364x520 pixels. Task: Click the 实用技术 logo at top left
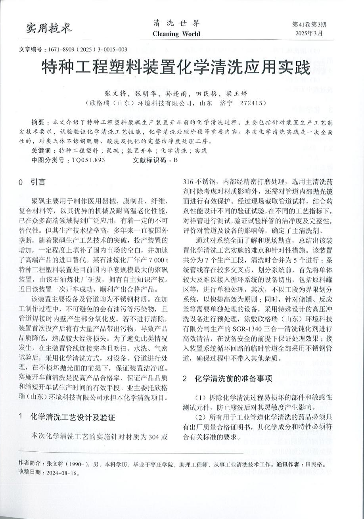pos(49,27)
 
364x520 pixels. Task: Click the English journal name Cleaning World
pos(176,34)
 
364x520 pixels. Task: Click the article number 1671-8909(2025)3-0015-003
pos(87,50)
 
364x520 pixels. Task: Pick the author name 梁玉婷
pos(237,94)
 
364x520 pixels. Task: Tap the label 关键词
pos(40,151)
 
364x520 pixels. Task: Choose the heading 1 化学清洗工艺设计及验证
pos(72,417)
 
